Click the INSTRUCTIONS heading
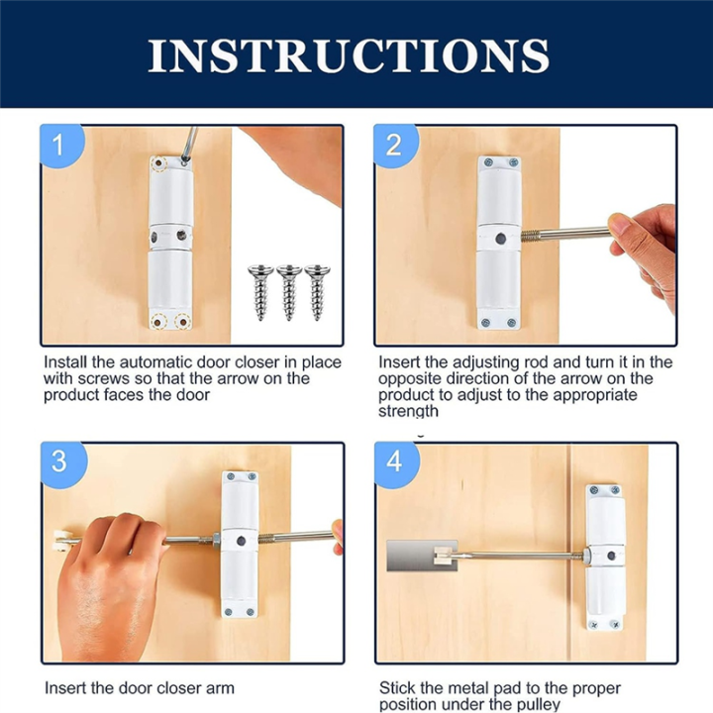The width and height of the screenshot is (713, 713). click(349, 55)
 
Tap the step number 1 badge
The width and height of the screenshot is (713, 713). click(61, 146)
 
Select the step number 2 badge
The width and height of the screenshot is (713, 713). click(395, 146)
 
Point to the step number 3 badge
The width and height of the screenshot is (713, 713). click(61, 462)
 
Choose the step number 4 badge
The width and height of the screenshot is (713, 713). click(395, 462)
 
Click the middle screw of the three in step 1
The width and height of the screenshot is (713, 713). click(289, 292)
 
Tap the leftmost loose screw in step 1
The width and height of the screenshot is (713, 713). click(260, 292)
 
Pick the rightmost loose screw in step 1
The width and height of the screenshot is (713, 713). click(317, 292)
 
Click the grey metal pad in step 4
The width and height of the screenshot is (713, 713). click(421, 556)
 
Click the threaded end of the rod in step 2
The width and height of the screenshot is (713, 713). click(531, 236)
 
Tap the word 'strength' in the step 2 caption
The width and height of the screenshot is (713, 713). click(408, 412)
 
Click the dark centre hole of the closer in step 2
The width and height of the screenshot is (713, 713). click(501, 238)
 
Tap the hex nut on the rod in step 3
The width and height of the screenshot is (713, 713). click(217, 540)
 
